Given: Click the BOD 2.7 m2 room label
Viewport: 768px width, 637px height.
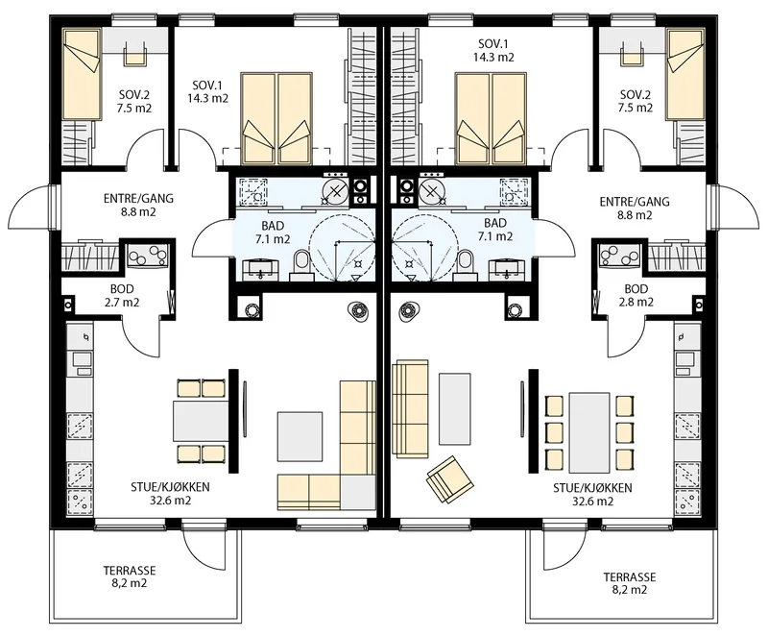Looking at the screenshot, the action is (x=122, y=296).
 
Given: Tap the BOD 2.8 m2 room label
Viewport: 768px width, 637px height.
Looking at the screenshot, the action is (x=636, y=296).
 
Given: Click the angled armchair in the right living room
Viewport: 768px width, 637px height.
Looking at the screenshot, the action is (x=450, y=479).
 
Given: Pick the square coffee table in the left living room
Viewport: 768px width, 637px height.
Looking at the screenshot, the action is (x=300, y=437).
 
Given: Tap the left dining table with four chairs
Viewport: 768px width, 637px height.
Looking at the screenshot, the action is (x=201, y=421).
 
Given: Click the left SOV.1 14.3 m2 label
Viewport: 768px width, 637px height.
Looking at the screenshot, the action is (x=207, y=90).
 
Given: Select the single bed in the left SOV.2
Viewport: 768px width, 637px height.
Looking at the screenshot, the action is (x=83, y=74).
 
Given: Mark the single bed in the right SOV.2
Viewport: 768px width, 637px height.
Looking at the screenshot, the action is (x=685, y=74).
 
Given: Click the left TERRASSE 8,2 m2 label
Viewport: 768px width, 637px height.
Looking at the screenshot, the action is (x=130, y=577).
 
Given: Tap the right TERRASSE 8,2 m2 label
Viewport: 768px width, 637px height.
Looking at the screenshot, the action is (x=630, y=583).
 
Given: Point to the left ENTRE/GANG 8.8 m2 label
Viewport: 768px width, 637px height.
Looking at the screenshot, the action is (x=138, y=206).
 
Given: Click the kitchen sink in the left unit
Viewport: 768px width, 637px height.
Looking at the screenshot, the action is (x=83, y=359).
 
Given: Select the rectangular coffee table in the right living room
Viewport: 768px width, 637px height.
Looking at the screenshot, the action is (x=455, y=408).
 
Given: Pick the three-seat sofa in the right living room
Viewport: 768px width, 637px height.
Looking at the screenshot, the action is (x=412, y=409).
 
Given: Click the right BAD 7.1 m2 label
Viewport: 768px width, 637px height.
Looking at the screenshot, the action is (x=495, y=230).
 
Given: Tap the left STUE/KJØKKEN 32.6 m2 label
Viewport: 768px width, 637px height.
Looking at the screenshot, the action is (x=170, y=494).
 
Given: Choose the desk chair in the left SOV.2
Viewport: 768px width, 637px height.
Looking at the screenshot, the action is (x=134, y=53).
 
